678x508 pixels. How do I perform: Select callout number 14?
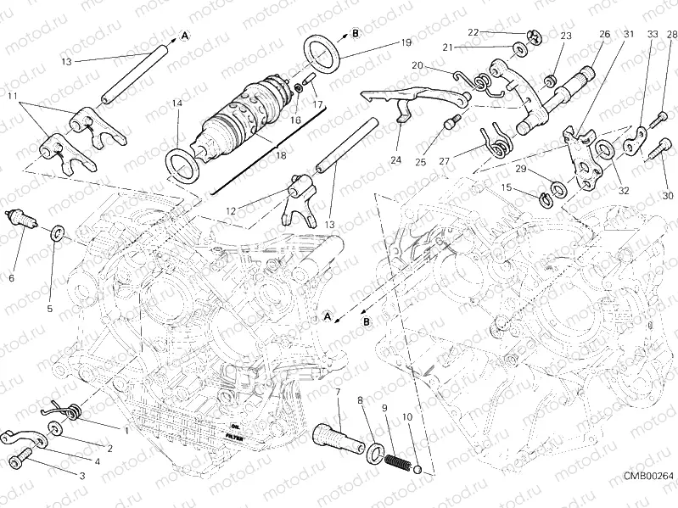pos(177,103)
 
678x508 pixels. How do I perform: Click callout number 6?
pos(12,277)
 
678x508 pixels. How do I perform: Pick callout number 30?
pos(668,196)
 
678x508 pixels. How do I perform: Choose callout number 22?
pos(474,31)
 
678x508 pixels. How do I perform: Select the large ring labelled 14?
pos(180,163)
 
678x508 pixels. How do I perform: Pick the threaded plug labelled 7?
pos(333,434)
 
